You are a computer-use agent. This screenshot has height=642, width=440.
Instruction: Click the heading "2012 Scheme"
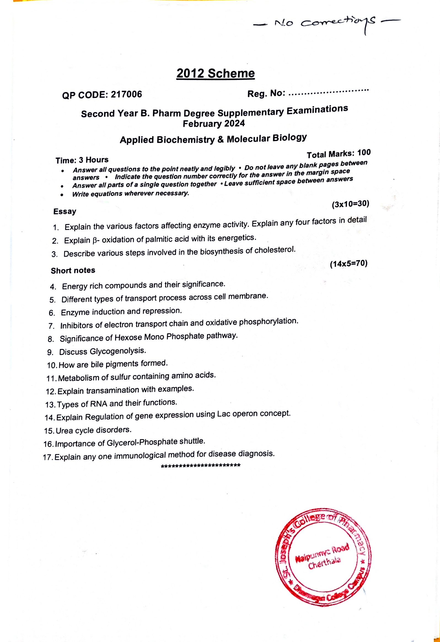pos(215,74)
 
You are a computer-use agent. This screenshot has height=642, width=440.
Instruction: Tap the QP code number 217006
pos(126,95)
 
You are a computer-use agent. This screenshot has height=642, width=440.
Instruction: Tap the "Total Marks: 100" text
pos(339,154)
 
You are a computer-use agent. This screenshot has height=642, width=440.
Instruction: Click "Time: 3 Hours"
pos(82,160)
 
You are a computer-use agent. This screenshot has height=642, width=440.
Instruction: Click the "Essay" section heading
pos(65,212)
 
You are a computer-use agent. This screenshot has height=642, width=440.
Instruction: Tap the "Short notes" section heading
pos(73,270)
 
